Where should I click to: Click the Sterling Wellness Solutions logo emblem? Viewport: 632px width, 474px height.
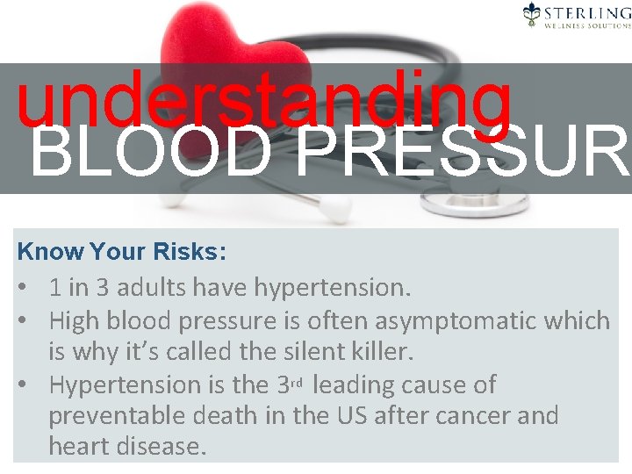[532, 13]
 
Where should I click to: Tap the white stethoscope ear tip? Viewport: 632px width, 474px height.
[333, 209]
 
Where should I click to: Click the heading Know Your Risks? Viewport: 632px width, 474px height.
[122, 253]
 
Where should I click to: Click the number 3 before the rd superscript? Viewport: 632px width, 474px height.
[284, 384]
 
